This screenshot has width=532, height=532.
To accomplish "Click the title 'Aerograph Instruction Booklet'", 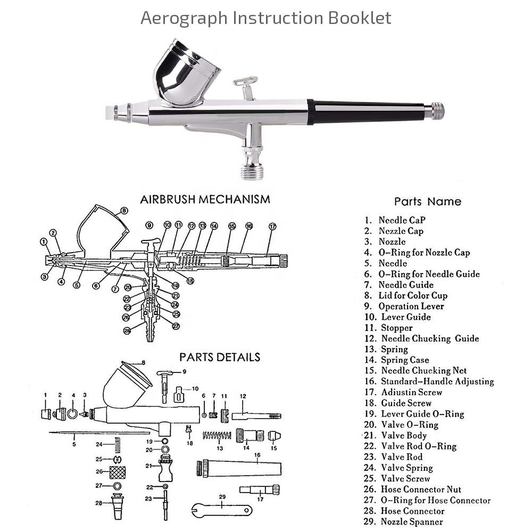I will click(x=265, y=18).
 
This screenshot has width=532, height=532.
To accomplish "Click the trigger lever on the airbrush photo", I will click(x=246, y=84).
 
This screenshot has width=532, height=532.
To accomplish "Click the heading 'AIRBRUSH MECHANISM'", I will click(x=205, y=199).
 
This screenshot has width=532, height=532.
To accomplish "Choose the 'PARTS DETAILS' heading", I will click(x=219, y=357).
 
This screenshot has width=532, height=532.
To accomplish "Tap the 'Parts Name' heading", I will click(x=427, y=202).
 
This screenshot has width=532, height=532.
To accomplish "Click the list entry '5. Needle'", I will click(x=393, y=263).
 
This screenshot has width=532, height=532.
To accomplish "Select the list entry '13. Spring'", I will click(x=394, y=350).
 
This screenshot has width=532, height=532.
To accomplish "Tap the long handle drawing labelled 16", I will click(x=239, y=469).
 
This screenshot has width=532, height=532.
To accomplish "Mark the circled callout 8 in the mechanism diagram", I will click(x=124, y=211).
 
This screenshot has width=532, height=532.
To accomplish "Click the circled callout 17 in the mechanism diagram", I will click(x=272, y=226).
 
